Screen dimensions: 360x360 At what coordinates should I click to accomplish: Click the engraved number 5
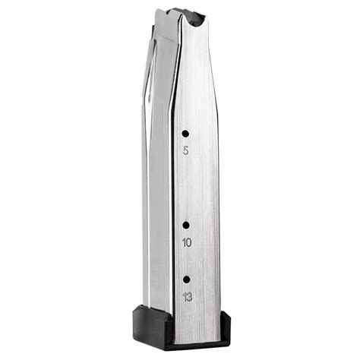tap(186, 150)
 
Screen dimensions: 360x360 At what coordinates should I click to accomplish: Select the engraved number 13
tap(187, 295)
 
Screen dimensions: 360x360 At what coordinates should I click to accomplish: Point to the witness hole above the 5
tap(185, 133)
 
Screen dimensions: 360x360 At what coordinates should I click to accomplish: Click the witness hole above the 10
tap(185, 225)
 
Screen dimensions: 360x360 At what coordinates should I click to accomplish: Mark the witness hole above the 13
tap(186, 278)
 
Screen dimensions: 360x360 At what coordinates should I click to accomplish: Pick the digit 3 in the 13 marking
tap(189, 295)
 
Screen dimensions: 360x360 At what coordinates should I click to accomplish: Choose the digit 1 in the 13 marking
tap(184, 295)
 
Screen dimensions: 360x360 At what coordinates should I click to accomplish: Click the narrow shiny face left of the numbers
tap(160, 190)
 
